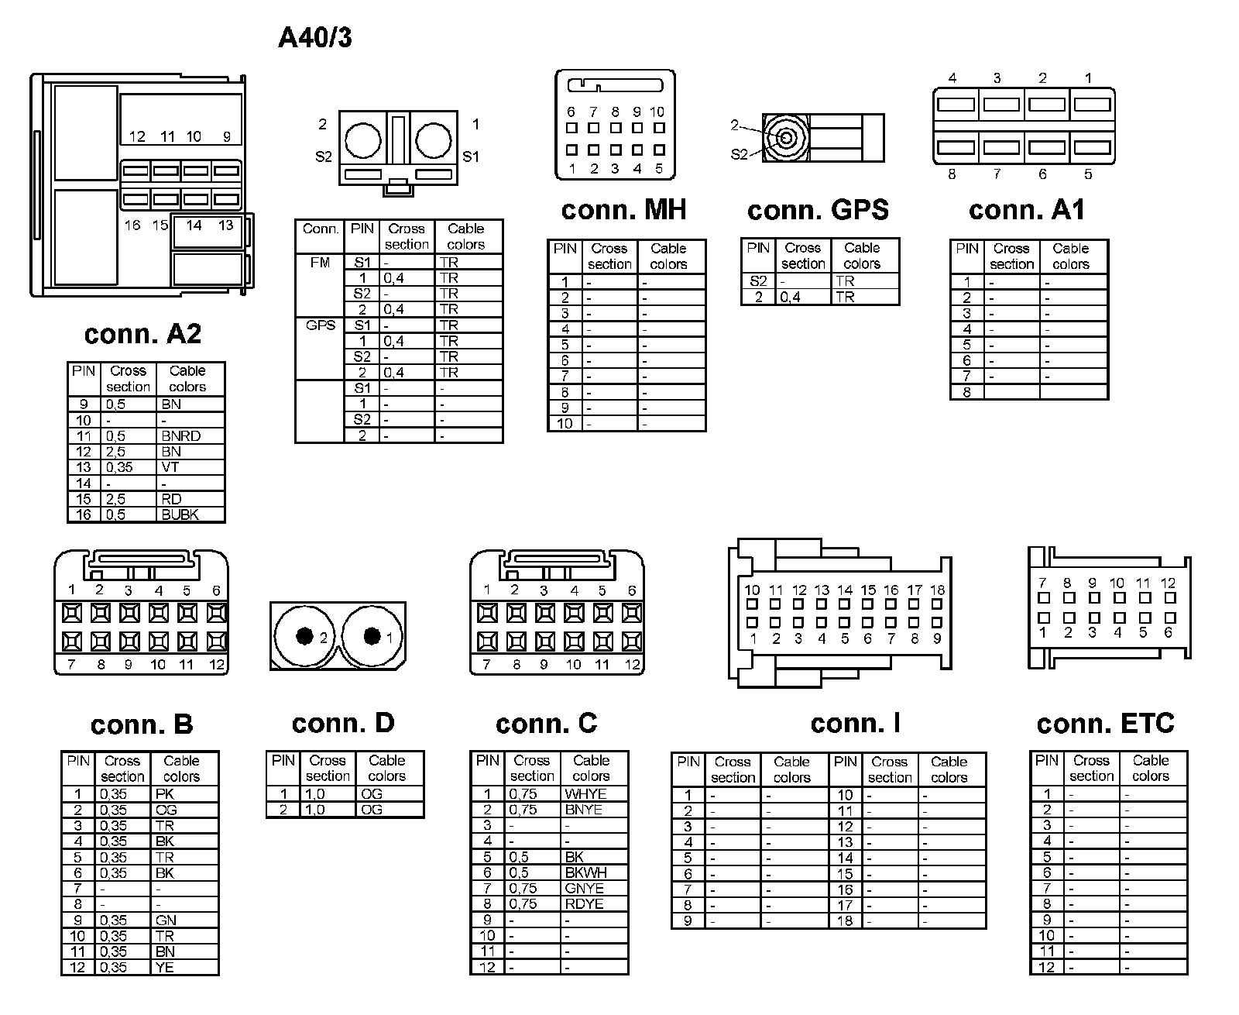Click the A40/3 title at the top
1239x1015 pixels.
314,37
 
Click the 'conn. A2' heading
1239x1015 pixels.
142,334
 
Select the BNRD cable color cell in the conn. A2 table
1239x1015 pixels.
181,436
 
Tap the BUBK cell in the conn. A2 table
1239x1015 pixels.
180,514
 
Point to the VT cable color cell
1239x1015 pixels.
170,467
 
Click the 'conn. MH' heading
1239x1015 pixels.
623,210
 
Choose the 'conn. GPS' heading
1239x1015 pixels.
818,210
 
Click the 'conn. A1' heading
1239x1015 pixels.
1026,210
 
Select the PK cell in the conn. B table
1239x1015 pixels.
165,794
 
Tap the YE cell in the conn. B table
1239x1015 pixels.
165,967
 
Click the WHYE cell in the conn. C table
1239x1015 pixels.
585,794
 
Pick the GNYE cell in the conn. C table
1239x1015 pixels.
585,888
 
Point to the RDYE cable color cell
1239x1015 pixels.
585,903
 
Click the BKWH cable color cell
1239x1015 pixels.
585,872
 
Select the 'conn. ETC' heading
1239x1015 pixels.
1105,724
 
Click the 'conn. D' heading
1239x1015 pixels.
343,724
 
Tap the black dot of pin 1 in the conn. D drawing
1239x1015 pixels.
372,636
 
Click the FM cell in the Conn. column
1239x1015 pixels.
320,263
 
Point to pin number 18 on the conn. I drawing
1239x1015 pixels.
937,590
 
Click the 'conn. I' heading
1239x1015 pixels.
855,724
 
